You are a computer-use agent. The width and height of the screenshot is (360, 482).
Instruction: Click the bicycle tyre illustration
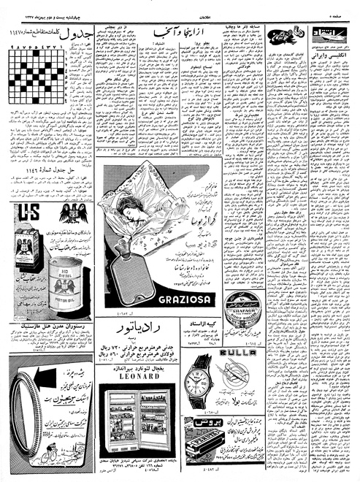tap(23, 419)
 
